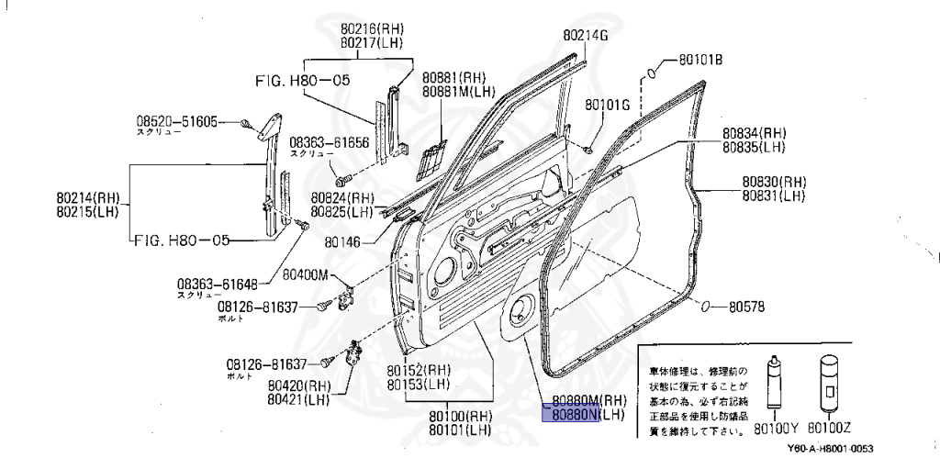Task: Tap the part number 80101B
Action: [700, 61]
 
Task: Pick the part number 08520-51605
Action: [177, 121]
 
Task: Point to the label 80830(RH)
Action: [774, 182]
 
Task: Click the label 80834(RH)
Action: [755, 134]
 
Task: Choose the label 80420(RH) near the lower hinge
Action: [299, 385]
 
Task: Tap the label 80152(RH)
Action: [418, 370]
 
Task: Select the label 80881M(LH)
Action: [459, 92]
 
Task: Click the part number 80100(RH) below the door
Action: [460, 416]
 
